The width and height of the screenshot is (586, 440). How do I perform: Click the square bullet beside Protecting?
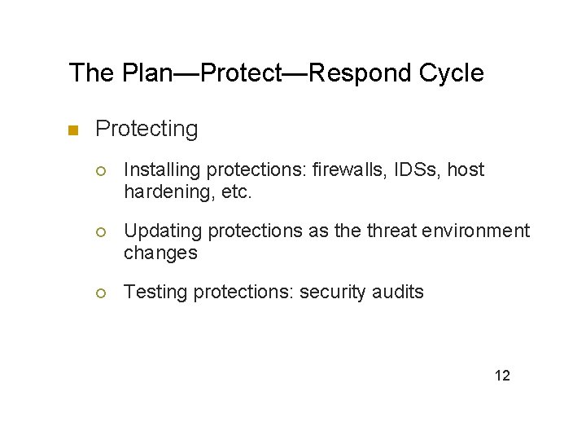pos(72,130)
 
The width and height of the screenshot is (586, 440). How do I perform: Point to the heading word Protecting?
pos(146,129)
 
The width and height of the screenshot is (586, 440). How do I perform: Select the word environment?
pos(480,231)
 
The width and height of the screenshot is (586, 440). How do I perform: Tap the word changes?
pos(160,253)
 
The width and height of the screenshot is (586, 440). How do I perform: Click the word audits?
pos(397,292)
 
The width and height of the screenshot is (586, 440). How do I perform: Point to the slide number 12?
pos(502,376)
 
